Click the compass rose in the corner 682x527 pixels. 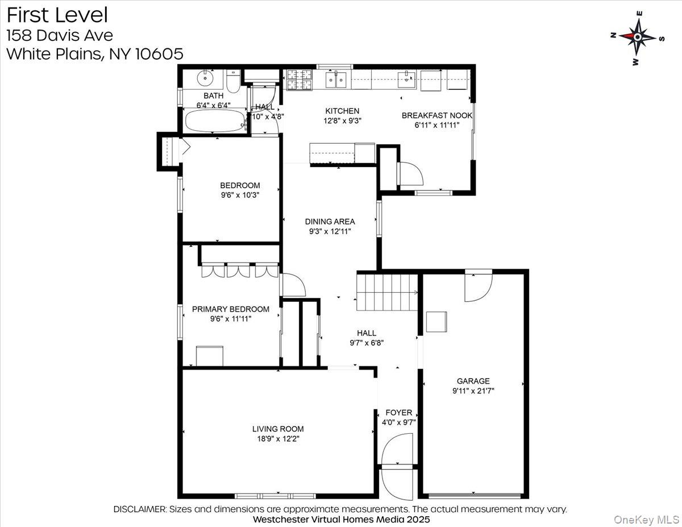coord(637,37)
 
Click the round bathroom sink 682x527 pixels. coord(203,78)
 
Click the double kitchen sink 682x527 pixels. coord(338,80)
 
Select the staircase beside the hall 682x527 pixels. coord(386,291)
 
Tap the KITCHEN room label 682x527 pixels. coord(342,111)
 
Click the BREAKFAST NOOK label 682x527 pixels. coord(436,115)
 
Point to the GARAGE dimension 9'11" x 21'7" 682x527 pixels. coord(473,391)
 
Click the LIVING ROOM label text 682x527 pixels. coord(278,429)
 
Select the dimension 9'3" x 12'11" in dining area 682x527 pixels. coord(330,231)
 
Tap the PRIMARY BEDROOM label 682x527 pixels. coord(230,309)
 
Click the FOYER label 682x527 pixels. coord(398,413)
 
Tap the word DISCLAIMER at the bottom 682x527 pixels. coord(140,509)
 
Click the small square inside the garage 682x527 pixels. coord(436,321)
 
